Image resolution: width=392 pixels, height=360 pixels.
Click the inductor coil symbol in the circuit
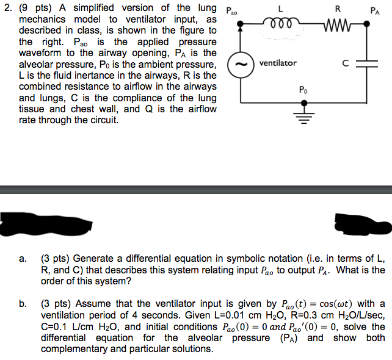pyautogui.click(x=281, y=23)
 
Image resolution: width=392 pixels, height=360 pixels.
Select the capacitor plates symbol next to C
pyautogui.click(x=367, y=64)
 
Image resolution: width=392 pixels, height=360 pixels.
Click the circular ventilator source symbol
pyautogui.click(x=241, y=65)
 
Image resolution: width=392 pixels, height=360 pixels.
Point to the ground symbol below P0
pyautogui.click(x=304, y=118)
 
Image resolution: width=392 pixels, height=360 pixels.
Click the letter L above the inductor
pyautogui.click(x=280, y=9)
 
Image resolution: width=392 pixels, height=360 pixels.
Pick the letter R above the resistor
pyautogui.click(x=338, y=9)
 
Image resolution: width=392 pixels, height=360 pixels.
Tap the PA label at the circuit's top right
pyautogui.click(x=375, y=11)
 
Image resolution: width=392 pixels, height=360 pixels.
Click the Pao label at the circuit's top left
pyautogui.click(x=231, y=11)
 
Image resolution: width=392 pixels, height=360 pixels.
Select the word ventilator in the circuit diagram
pyautogui.click(x=278, y=63)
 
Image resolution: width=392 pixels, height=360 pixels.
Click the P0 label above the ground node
pyautogui.click(x=303, y=90)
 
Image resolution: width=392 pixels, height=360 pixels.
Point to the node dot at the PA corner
pyautogui.click(x=366, y=24)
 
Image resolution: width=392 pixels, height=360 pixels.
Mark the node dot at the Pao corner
pyautogui.click(x=240, y=24)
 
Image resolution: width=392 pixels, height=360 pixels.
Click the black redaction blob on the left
pyautogui.click(x=46, y=224)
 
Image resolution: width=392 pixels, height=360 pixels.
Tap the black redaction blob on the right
pyautogui.click(x=363, y=224)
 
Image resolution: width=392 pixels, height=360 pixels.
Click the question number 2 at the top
pyautogui.click(x=8, y=8)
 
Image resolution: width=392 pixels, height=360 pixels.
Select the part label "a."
pyautogui.click(x=23, y=259)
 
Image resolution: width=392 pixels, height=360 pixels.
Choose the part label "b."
pyautogui.click(x=23, y=304)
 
